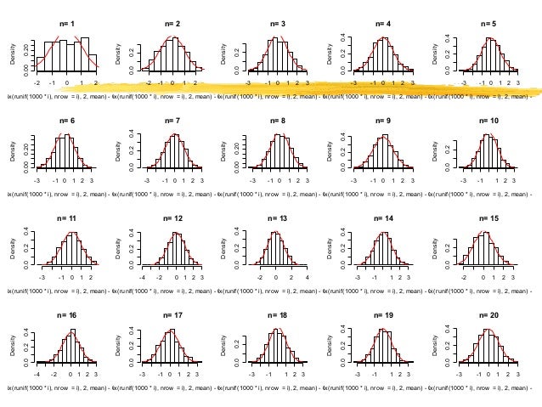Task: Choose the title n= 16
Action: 66,315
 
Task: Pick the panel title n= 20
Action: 488,315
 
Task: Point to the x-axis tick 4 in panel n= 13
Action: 307,278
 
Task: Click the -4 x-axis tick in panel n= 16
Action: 37,375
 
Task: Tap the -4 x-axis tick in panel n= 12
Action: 144,278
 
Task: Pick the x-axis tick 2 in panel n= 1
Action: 95,83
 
